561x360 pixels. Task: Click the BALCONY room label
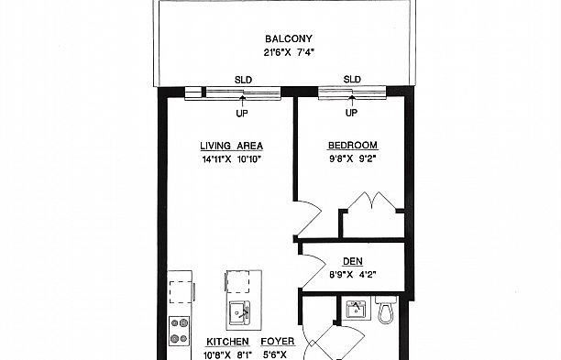(x=289, y=38)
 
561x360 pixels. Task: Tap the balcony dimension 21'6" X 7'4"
(x=289, y=52)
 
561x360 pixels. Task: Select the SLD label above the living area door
(x=243, y=80)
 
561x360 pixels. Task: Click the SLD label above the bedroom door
(x=352, y=79)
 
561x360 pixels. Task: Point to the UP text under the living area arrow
(x=242, y=114)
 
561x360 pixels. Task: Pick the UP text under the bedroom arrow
(x=351, y=113)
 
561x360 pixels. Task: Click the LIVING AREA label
(x=232, y=146)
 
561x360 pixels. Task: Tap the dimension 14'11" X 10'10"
(x=232, y=159)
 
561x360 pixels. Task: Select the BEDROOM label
(x=353, y=145)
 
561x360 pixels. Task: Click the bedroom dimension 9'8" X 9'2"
(x=353, y=158)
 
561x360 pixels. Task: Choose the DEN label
(x=353, y=261)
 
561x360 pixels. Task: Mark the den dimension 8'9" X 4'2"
(x=353, y=275)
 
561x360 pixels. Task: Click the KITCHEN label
(x=227, y=342)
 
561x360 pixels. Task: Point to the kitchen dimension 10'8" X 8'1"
(x=228, y=355)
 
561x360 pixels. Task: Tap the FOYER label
(x=278, y=342)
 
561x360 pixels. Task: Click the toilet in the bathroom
(x=386, y=310)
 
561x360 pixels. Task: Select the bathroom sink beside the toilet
(x=356, y=310)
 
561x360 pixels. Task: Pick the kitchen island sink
(x=240, y=313)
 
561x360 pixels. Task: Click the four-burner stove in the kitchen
(x=180, y=331)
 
